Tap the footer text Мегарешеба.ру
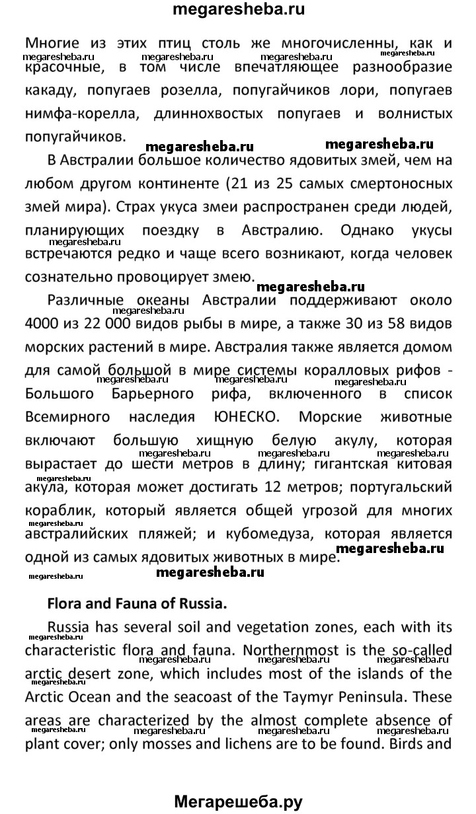238,802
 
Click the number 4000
44,324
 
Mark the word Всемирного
71,418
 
